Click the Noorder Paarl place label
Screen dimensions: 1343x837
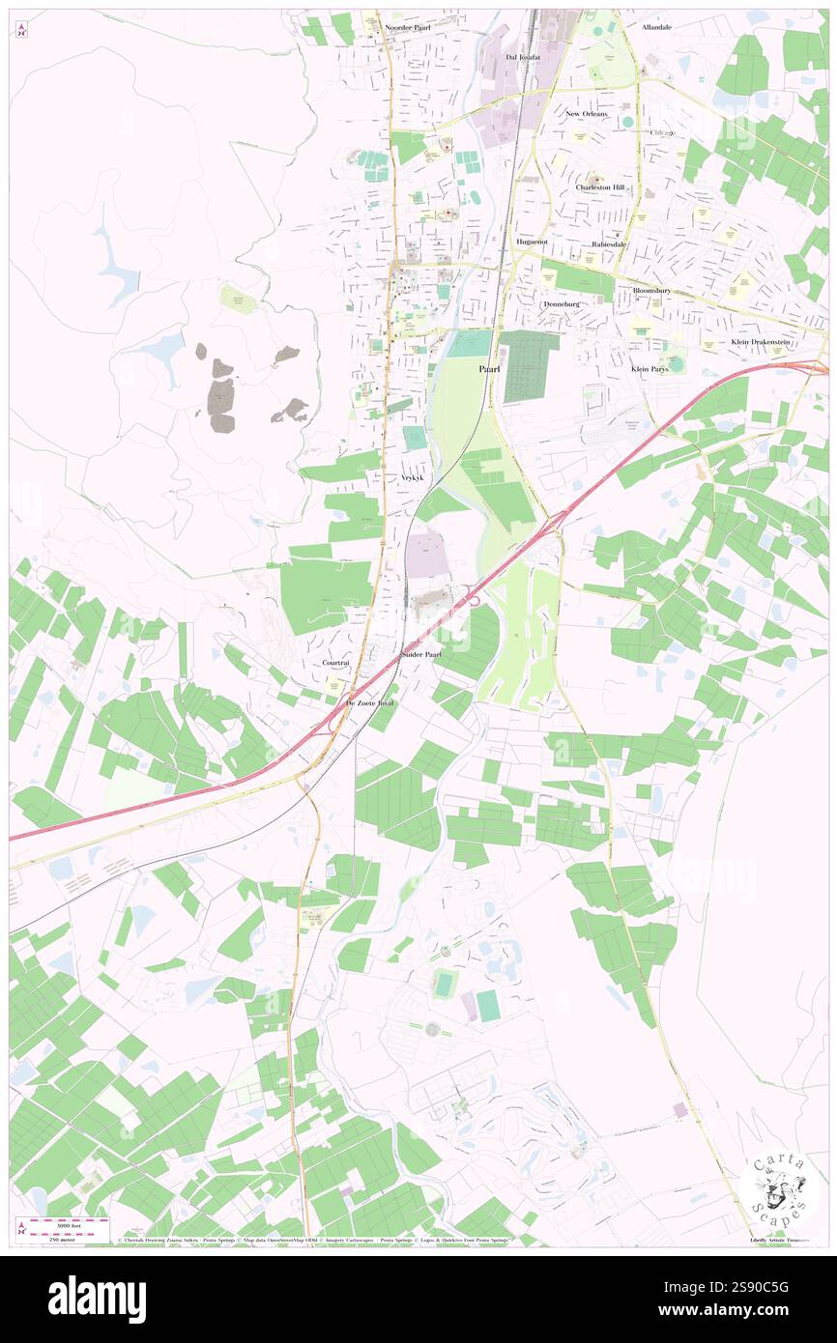[x=407, y=29]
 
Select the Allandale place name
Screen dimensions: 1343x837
[x=656, y=28]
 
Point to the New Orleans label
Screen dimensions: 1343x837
[x=587, y=114]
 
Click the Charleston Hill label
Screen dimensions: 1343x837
[x=600, y=187]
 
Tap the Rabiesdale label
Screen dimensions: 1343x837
[x=609, y=244]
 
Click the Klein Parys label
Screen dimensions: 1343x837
[x=649, y=369]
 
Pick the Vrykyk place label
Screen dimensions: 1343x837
[x=413, y=478]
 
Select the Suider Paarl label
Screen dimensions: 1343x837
[x=421, y=654]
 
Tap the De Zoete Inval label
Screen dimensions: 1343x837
[x=370, y=704]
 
